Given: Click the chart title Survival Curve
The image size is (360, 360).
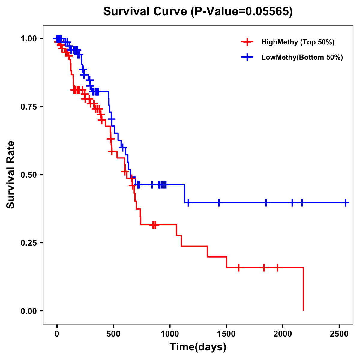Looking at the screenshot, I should click(x=145, y=11).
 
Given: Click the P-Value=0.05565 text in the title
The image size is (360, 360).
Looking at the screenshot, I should click(x=242, y=11).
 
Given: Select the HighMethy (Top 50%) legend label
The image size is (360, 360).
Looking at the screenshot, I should click(x=298, y=42).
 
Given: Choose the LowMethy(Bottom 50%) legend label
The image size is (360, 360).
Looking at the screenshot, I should click(x=302, y=58).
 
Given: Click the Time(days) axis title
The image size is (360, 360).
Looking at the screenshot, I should click(x=198, y=347).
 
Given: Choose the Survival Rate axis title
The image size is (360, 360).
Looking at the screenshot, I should click(x=11, y=175).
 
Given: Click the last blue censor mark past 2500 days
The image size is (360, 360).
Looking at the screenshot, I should click(x=346, y=203).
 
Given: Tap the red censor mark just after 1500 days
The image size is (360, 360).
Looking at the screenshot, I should click(x=239, y=268).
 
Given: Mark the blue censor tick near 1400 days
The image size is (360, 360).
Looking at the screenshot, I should click(x=219, y=203).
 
